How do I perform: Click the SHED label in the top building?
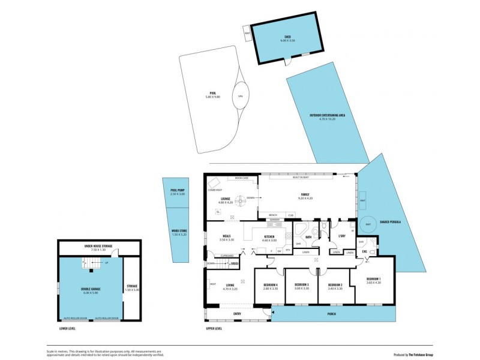[288, 37]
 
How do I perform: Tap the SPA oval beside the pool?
[240, 96]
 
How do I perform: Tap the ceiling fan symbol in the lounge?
[240, 199]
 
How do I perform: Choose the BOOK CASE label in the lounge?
[242, 178]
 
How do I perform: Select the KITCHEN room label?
[269, 236]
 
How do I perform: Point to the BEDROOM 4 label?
[271, 284]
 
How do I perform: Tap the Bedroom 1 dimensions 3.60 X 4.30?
[373, 282]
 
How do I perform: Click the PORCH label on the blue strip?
[332, 314]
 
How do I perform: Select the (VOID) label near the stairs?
[234, 263]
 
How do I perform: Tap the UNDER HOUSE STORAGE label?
[98, 245]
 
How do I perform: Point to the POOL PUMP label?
[178, 190]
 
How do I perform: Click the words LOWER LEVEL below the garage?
[68, 328]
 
